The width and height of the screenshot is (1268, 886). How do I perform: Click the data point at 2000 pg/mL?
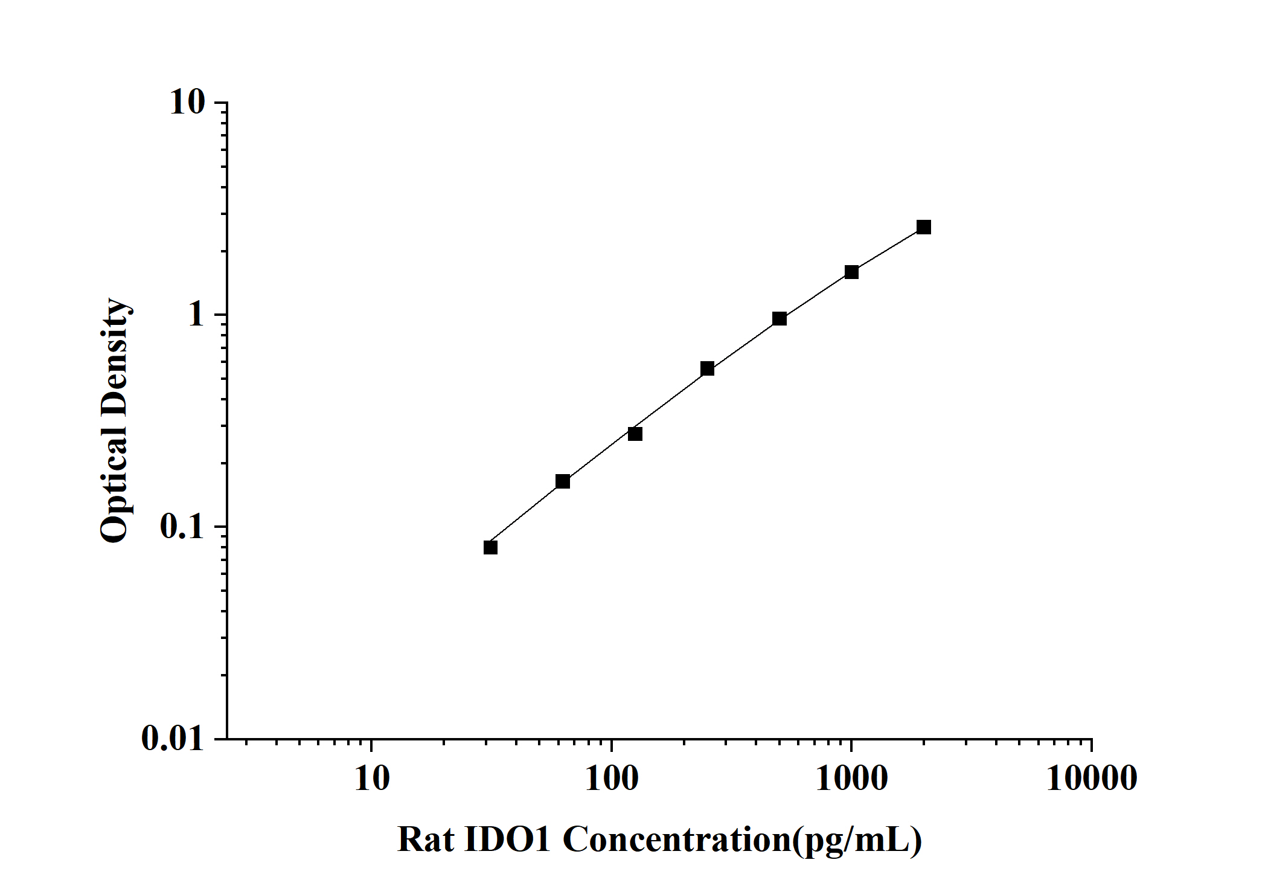pyautogui.click(x=923, y=227)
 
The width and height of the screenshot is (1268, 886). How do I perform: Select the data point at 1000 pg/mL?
pyautogui.click(x=851, y=272)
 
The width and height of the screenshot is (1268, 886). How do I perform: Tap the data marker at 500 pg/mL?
pyautogui.click(x=780, y=318)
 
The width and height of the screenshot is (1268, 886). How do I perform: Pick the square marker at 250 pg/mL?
pyautogui.click(x=707, y=368)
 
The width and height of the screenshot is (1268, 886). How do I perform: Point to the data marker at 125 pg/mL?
pyautogui.click(x=635, y=434)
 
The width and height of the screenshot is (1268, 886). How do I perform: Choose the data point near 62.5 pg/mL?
pyautogui.click(x=563, y=481)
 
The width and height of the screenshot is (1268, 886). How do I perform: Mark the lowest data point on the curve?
pyautogui.click(x=490, y=547)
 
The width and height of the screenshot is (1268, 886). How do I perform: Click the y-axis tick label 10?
pyautogui.click(x=187, y=103)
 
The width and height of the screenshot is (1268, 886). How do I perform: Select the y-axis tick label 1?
pyautogui.click(x=196, y=315)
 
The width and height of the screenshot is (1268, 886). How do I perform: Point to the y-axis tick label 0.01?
pyautogui.click(x=173, y=738)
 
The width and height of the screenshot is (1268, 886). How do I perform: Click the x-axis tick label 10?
pyautogui.click(x=371, y=778)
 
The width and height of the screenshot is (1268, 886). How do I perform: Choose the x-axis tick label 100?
pyautogui.click(x=611, y=778)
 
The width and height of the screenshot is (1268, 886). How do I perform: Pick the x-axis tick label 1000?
pyautogui.click(x=851, y=778)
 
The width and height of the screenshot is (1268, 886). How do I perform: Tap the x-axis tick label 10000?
pyautogui.click(x=1092, y=778)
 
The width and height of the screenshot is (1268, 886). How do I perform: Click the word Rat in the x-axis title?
pyautogui.click(x=426, y=839)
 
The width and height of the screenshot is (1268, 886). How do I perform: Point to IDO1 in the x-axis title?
pyautogui.click(x=508, y=839)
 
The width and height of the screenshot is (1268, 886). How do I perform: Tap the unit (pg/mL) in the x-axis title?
pyautogui.click(x=856, y=840)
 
